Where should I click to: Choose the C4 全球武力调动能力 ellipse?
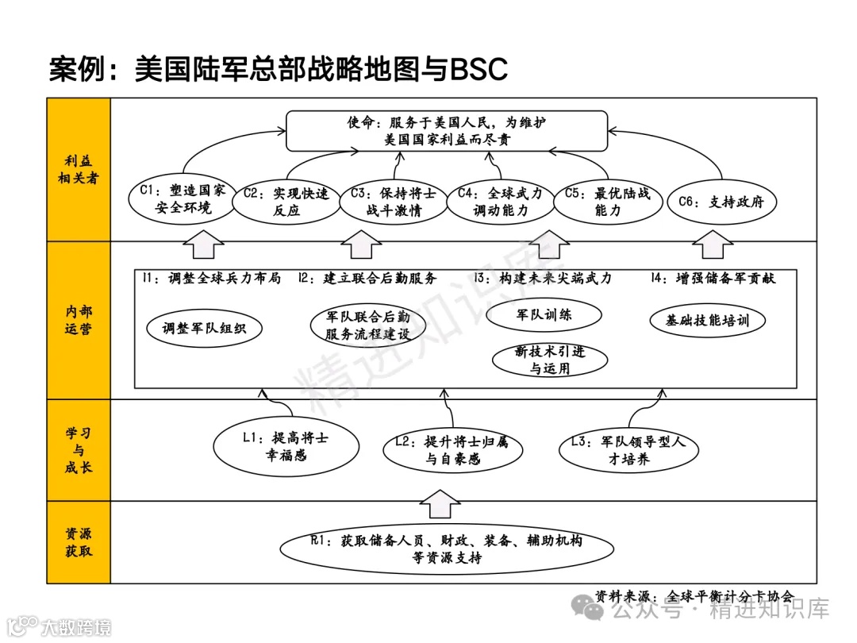coord(501,202)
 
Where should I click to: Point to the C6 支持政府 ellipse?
coord(721,202)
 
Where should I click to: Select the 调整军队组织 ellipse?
coord(204,328)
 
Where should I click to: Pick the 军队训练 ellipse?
coord(544,314)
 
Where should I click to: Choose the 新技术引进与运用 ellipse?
coord(549,360)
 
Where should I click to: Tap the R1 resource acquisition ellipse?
coord(447,549)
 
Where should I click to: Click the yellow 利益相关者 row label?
coord(79,170)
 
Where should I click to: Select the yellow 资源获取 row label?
coord(79,542)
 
